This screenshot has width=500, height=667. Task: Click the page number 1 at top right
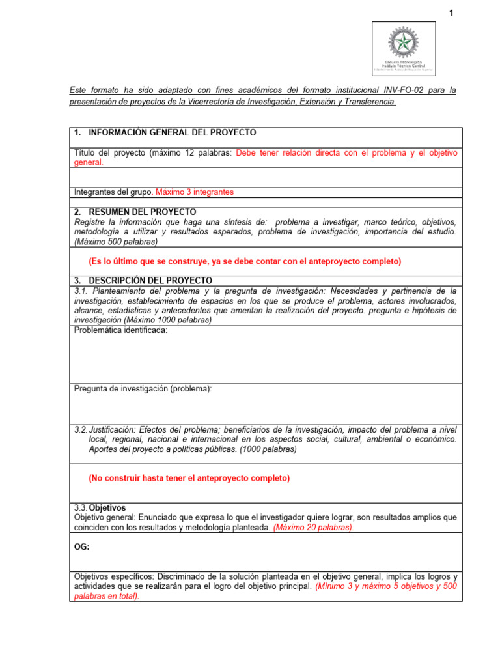tap(451, 14)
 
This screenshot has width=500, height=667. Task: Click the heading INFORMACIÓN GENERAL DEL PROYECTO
tap(172, 133)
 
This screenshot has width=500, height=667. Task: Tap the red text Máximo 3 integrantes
tap(195, 192)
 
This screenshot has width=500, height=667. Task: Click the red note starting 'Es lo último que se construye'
tap(245, 261)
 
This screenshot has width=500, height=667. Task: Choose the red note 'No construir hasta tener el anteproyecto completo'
tap(189, 478)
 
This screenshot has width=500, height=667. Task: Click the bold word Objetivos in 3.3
tap(107, 507)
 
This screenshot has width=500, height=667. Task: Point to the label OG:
tap(81, 547)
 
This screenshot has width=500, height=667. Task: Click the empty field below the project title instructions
tap(266, 177)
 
